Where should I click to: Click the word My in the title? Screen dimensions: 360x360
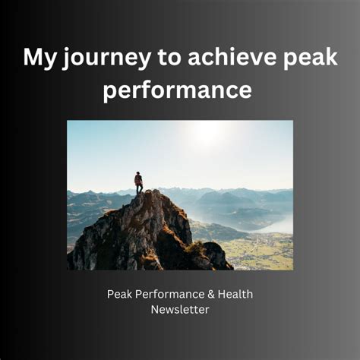tap(38, 58)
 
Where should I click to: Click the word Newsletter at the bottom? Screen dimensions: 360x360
tap(180, 309)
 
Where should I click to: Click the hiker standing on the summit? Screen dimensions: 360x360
tap(138, 183)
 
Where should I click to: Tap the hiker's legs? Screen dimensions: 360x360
tap(139, 189)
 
